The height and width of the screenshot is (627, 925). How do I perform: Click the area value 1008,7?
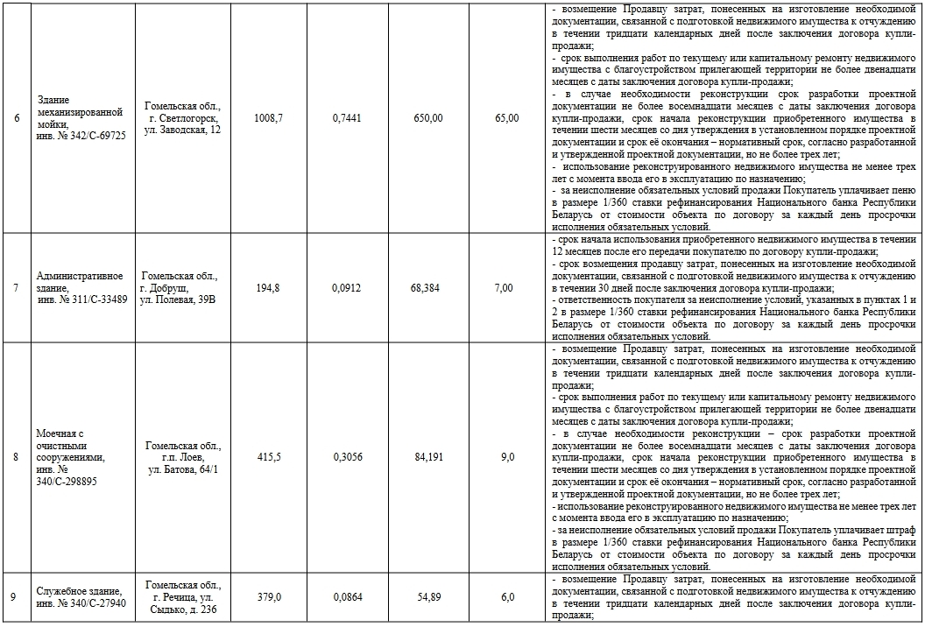coord(267,118)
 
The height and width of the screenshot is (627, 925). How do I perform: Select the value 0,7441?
coord(349,118)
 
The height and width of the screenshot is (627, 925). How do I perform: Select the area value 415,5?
coord(267,457)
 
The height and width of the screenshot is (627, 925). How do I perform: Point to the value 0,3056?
coord(349,457)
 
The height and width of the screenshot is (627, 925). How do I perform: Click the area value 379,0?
coord(267,597)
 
